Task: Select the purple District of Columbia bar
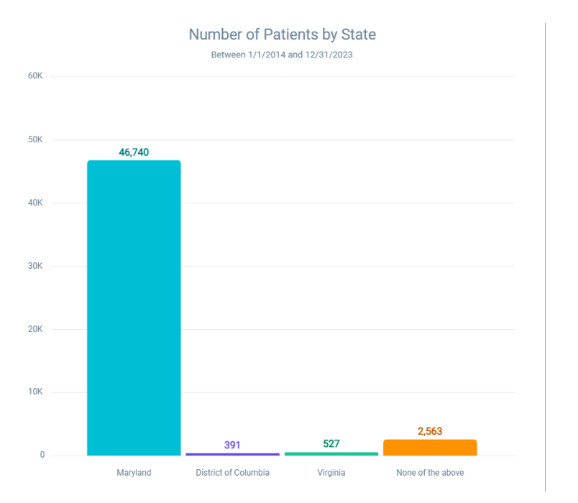click(x=232, y=454)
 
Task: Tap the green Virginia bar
click(x=331, y=453)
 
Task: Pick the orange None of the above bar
click(x=430, y=447)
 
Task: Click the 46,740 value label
click(x=134, y=152)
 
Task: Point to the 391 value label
click(x=232, y=445)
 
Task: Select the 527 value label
click(x=331, y=443)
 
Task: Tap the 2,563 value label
click(x=430, y=431)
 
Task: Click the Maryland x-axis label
click(x=134, y=473)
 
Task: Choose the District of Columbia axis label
click(x=232, y=473)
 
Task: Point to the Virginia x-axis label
click(x=331, y=473)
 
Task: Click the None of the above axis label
click(x=430, y=473)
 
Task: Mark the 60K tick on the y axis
click(x=37, y=76)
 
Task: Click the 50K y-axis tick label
click(x=37, y=139)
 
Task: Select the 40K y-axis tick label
click(x=37, y=203)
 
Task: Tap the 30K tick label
click(x=37, y=266)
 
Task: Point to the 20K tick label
click(x=37, y=329)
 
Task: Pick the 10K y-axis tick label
click(x=37, y=392)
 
